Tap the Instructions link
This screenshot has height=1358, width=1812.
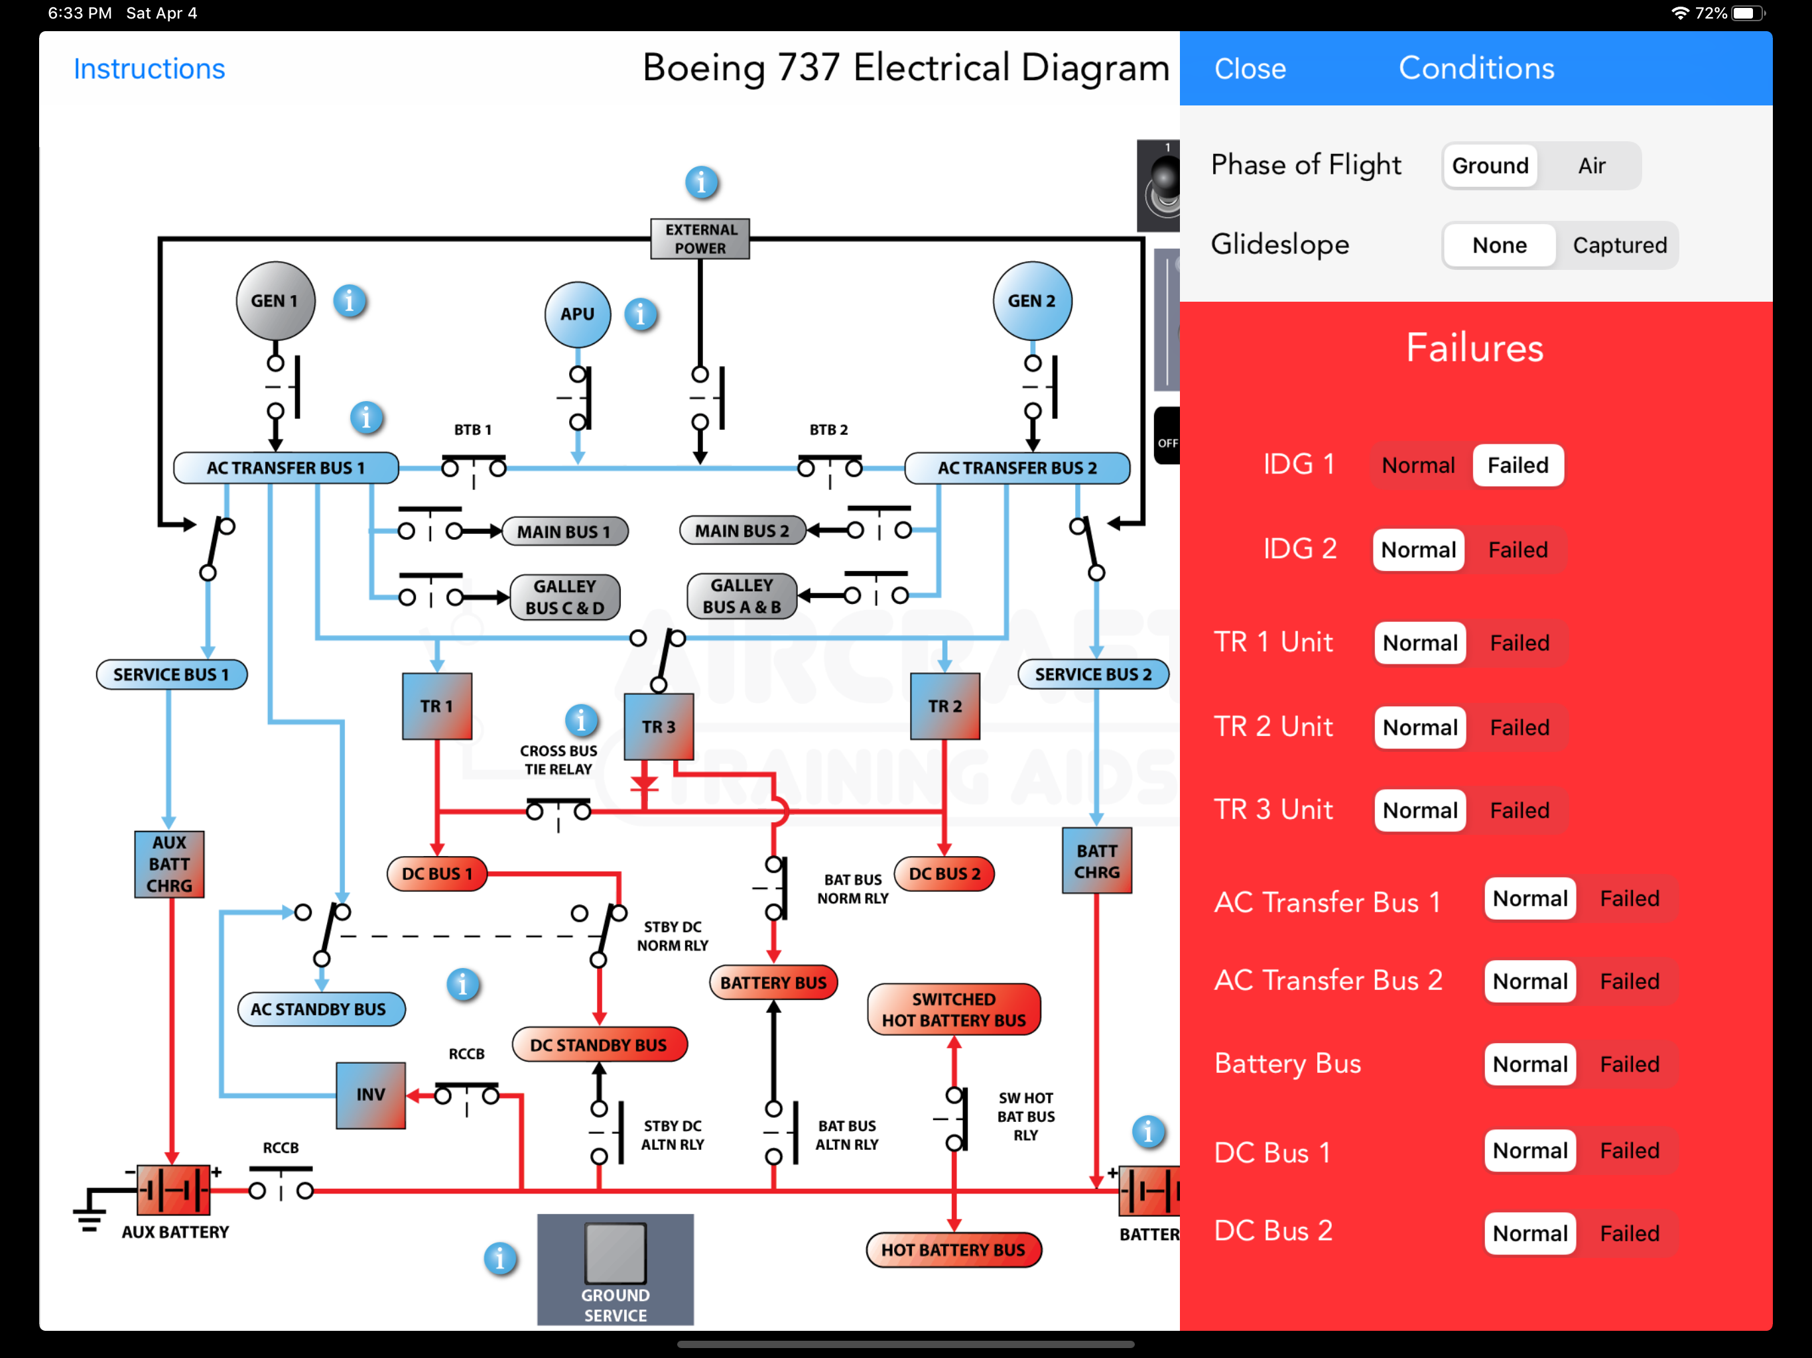point(149,69)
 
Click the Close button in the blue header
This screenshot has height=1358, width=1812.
point(1249,69)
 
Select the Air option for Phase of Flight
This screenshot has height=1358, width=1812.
point(1591,166)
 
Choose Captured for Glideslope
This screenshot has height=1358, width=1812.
point(1619,245)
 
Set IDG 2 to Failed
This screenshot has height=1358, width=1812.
point(1517,550)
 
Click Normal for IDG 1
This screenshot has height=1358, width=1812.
point(1418,465)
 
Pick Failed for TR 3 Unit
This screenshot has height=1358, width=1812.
point(1519,810)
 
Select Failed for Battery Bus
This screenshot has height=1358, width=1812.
point(1628,1064)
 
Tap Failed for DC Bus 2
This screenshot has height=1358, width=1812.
point(1628,1233)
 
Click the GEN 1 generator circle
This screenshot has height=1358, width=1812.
point(275,300)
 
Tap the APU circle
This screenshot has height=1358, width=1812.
point(578,314)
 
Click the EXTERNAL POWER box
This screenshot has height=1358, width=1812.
point(700,238)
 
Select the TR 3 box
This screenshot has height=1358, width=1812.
point(659,727)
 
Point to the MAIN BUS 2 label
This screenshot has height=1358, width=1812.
point(742,530)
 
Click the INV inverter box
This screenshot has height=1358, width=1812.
point(370,1095)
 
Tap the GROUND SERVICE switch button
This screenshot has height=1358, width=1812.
point(615,1253)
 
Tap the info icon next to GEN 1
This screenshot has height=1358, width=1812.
point(349,302)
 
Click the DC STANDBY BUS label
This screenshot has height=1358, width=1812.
point(599,1045)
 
